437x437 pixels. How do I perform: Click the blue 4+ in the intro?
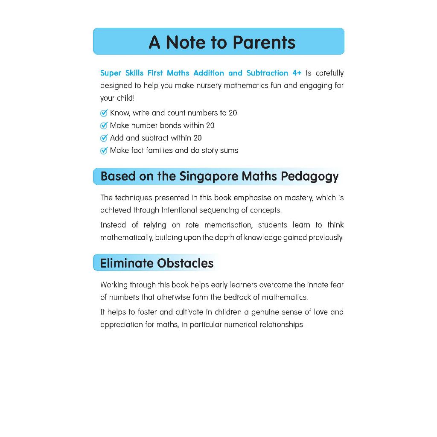pyautogui.click(x=297, y=73)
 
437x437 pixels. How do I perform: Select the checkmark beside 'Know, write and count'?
pyautogui.click(x=104, y=113)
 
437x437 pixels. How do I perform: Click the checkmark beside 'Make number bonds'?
pyautogui.click(x=104, y=125)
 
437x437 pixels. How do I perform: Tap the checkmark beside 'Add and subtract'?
pyautogui.click(x=104, y=138)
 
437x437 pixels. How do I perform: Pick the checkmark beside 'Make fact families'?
pyautogui.click(x=104, y=151)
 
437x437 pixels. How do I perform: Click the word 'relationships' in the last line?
pyautogui.click(x=282, y=324)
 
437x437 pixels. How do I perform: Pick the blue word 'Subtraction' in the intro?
pyautogui.click(x=267, y=73)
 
